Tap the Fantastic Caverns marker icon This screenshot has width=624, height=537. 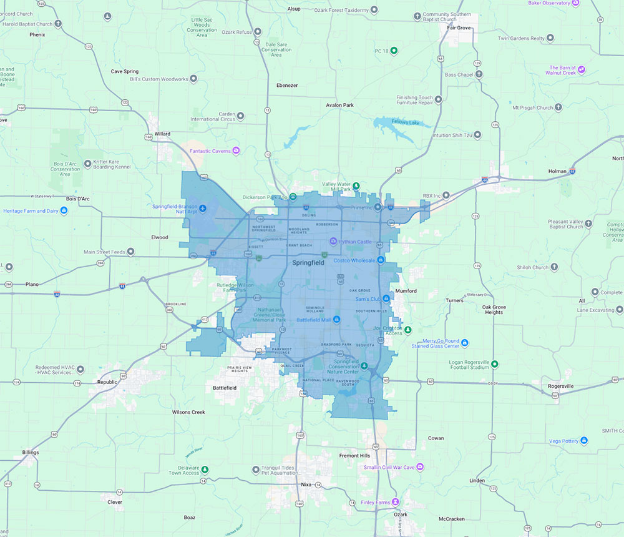tap(236, 150)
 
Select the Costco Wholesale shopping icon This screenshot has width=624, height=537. tap(381, 260)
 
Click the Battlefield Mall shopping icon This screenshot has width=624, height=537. tap(337, 320)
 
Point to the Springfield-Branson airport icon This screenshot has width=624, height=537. tap(202, 207)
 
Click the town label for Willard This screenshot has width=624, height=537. tap(162, 134)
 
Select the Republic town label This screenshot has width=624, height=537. tap(107, 382)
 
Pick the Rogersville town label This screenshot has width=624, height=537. tap(560, 386)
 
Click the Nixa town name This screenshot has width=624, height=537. tap(306, 484)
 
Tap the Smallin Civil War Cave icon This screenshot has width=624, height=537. tap(420, 467)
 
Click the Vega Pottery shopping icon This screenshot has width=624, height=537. tap(584, 440)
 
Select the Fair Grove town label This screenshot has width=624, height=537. tap(459, 27)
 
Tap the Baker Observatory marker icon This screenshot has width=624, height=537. tap(577, 3)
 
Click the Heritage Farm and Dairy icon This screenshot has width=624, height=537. tap(64, 210)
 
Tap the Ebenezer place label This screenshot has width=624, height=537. tap(287, 85)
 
